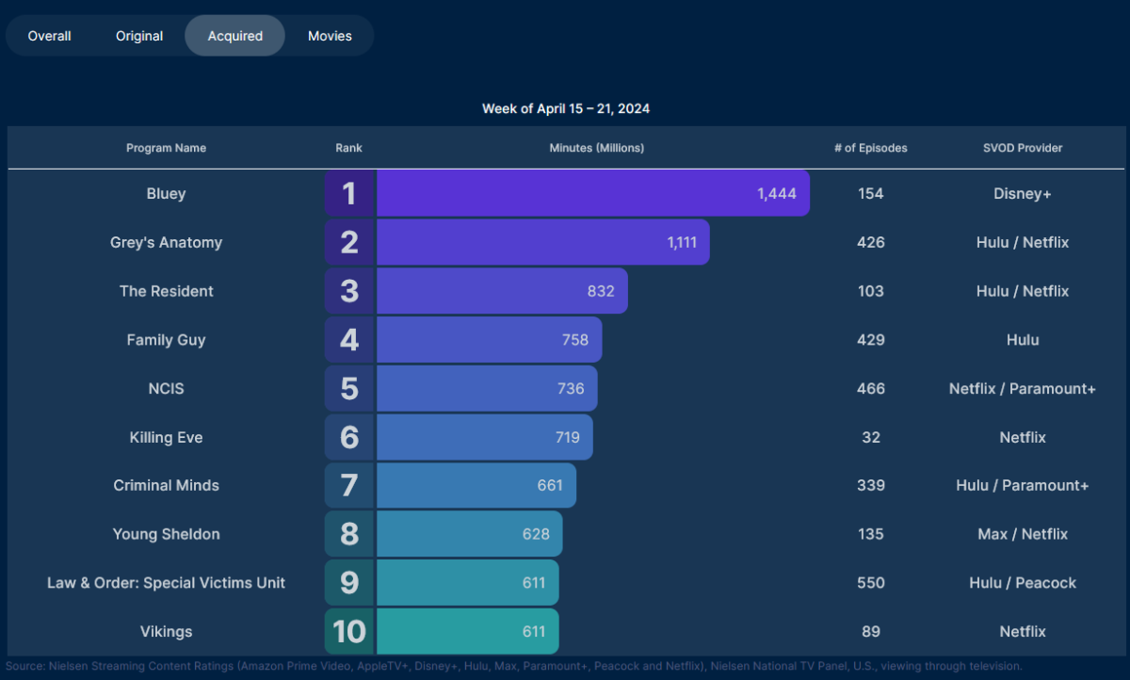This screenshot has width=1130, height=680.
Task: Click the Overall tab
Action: pyautogui.click(x=50, y=36)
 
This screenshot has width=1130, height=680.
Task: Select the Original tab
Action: pyautogui.click(x=139, y=36)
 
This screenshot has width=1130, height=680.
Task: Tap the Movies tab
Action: pyautogui.click(x=330, y=36)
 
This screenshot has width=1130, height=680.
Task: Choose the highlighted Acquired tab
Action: pyautogui.click(x=235, y=36)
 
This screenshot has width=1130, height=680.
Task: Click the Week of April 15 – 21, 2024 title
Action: pyautogui.click(x=566, y=108)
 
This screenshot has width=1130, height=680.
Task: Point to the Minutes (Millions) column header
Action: pyautogui.click(x=597, y=148)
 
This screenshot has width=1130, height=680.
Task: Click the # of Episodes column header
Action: pyautogui.click(x=871, y=148)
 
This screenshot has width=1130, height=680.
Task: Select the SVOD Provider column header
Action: pyautogui.click(x=1023, y=148)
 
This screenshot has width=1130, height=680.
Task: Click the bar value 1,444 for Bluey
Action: pyautogui.click(x=777, y=193)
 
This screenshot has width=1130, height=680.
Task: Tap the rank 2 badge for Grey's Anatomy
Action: pyautogui.click(x=349, y=242)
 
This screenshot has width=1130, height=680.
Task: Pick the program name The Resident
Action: pyautogui.click(x=167, y=291)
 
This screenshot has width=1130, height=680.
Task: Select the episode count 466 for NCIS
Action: pyautogui.click(x=871, y=388)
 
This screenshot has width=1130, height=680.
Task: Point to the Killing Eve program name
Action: pyautogui.click(x=167, y=437)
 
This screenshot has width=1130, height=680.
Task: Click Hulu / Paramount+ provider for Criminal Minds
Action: pyautogui.click(x=1023, y=485)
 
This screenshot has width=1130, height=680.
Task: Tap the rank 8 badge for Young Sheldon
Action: pyautogui.click(x=349, y=534)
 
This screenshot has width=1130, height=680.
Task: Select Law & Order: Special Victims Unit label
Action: pyautogui.click(x=167, y=583)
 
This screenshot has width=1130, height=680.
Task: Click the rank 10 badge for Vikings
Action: pyautogui.click(x=349, y=631)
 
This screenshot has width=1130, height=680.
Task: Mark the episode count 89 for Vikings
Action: pyautogui.click(x=871, y=631)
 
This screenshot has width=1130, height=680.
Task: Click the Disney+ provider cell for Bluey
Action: pyautogui.click(x=1023, y=193)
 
